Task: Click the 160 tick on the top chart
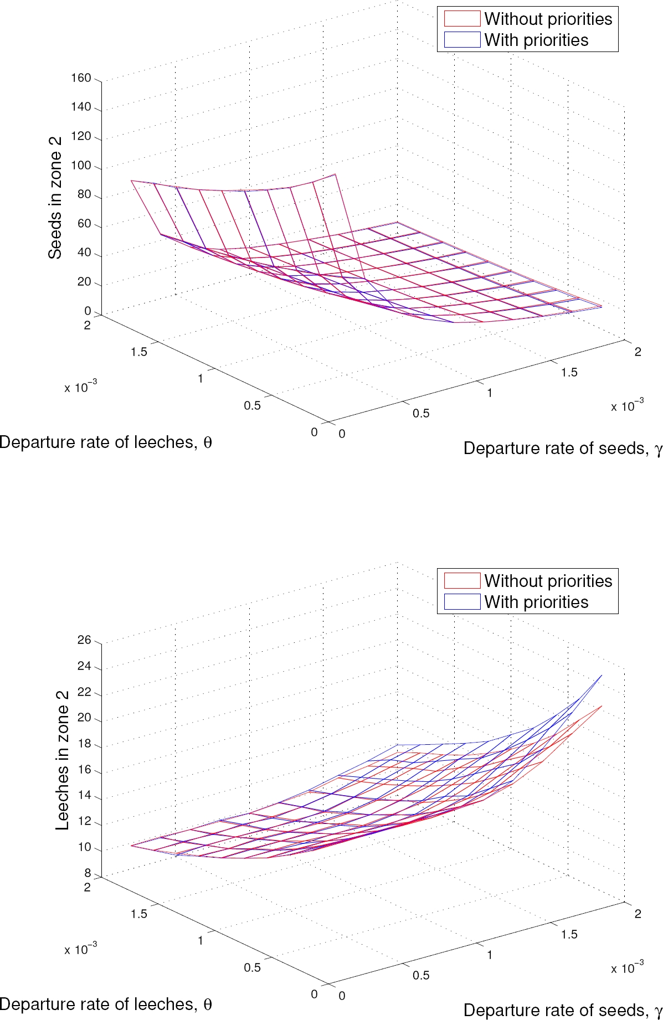[81, 78]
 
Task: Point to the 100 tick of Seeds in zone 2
[81, 166]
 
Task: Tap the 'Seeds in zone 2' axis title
[55, 198]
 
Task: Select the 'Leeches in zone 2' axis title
[62, 760]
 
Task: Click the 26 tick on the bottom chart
[84, 640]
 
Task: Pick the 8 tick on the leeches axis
[88, 873]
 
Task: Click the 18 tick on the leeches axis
[84, 744]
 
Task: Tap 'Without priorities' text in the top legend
[548, 19]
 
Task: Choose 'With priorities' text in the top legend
[536, 40]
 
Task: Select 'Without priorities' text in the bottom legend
[548, 581]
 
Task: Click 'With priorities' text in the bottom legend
[536, 602]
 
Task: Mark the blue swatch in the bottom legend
[461, 602]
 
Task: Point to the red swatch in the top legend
[461, 19]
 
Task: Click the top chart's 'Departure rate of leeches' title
[105, 442]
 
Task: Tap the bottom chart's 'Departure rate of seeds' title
[562, 1010]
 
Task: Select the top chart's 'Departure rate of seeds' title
[562, 448]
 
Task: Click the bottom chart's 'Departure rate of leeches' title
[105, 1004]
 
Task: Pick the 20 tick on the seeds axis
[84, 282]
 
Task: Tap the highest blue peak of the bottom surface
[601, 676]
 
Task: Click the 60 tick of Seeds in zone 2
[84, 224]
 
